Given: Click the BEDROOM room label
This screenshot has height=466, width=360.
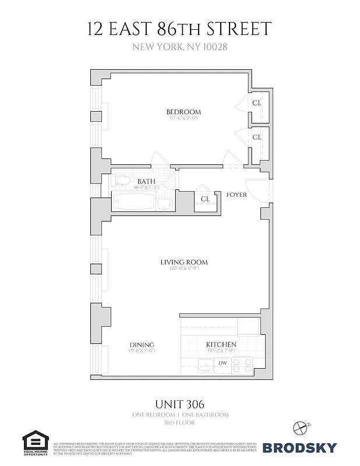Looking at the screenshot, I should (183, 112).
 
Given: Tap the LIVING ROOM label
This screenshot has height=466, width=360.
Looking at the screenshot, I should (184, 262).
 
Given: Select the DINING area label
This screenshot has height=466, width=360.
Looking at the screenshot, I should (142, 345).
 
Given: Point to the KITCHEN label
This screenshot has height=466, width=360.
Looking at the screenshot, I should (221, 344).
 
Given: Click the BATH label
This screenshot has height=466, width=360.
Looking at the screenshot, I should (146, 181).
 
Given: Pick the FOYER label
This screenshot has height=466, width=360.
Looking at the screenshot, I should (237, 195).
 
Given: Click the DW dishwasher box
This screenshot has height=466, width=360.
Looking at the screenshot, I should (223, 363).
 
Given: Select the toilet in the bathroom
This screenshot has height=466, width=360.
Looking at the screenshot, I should (121, 182).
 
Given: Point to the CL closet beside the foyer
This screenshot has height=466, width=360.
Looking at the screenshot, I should (205, 199).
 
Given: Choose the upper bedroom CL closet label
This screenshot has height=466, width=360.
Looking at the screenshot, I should (257, 103).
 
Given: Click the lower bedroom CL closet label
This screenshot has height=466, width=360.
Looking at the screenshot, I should (257, 137).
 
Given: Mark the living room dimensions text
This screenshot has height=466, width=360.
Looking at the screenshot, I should (184, 269).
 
